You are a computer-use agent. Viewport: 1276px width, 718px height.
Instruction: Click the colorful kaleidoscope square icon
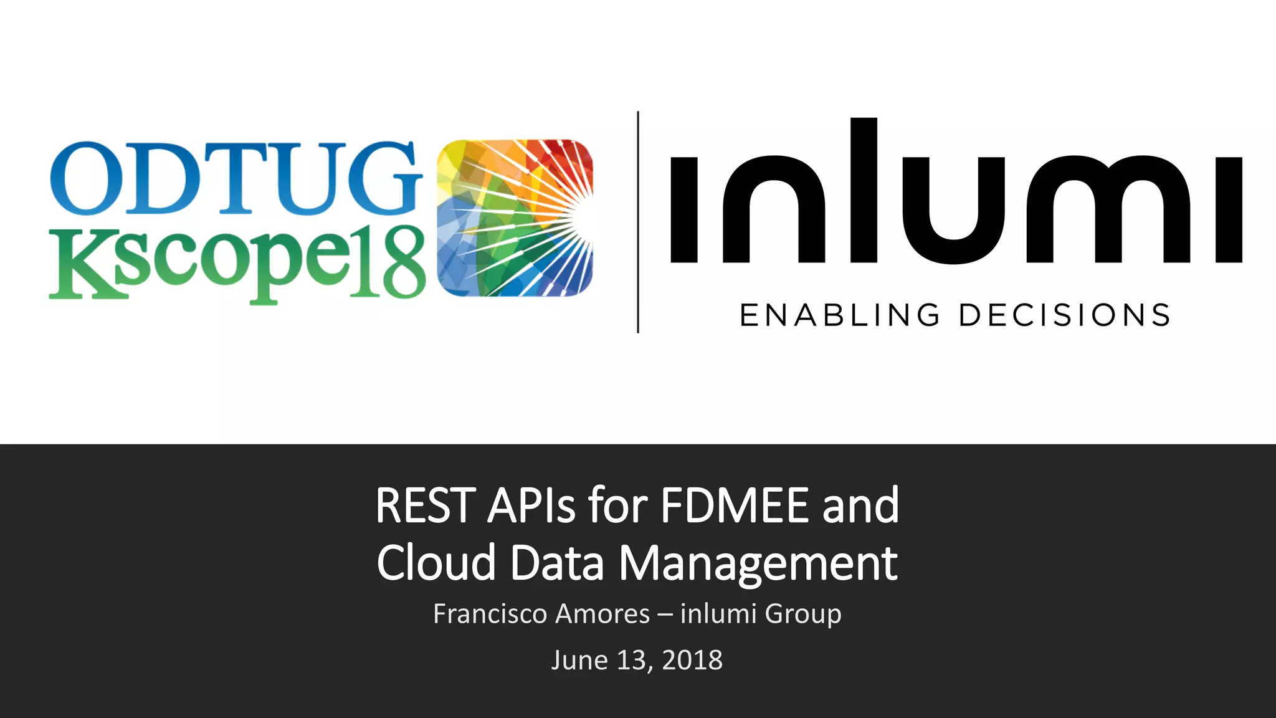tap(515, 218)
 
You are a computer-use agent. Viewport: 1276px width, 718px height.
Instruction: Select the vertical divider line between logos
tap(638, 222)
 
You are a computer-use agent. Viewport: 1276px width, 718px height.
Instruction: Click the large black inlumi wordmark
tap(956, 193)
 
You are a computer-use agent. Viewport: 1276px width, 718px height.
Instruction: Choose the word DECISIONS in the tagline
tap(1065, 315)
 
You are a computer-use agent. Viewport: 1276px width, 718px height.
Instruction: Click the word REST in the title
tap(426, 505)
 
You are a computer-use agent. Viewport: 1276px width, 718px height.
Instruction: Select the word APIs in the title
tap(531, 505)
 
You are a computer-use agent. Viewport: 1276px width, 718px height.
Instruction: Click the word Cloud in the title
tap(436, 563)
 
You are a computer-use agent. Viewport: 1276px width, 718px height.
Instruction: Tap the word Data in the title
tap(557, 563)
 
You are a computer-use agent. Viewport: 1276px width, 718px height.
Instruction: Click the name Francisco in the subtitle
tap(490, 614)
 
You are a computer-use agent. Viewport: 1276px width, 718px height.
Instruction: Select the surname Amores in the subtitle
tap(602, 614)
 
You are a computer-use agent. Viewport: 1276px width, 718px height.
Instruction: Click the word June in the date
tap(579, 660)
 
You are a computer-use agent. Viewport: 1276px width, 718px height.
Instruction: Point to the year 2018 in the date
tap(692, 660)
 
